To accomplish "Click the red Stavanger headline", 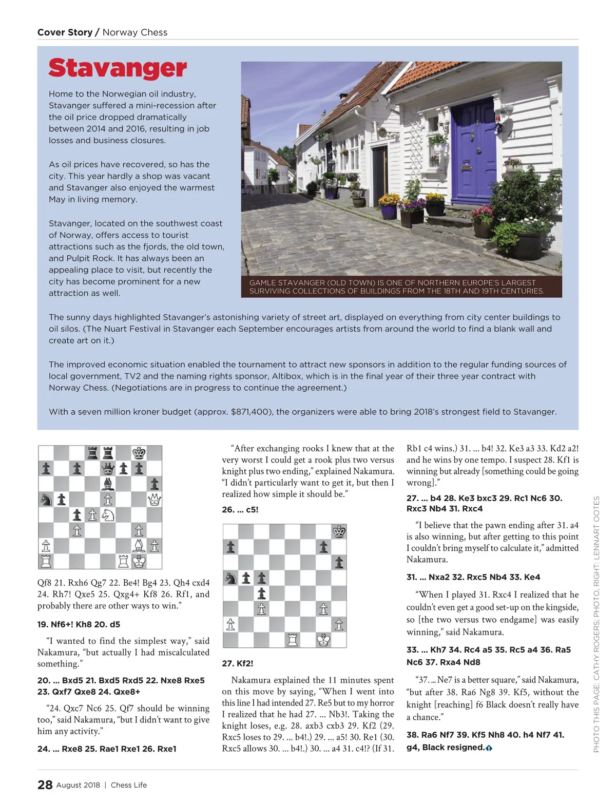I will point(118,68).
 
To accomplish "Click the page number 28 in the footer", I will point(45,785).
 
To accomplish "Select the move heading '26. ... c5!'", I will point(240,510).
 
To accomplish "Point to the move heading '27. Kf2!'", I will point(237,663).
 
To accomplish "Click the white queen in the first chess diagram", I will point(154,499).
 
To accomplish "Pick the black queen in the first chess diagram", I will point(108,468).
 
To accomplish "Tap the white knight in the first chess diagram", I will point(108,514).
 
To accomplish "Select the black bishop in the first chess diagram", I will point(108,484).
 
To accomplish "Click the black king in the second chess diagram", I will point(339,532).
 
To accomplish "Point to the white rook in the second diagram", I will point(293,640).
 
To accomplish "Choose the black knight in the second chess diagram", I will point(231,578).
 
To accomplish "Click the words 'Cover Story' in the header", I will point(65,32).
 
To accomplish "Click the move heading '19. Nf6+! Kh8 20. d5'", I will point(79,624).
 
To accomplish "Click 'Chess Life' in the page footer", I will point(129,785).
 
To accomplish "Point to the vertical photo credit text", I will point(596,624).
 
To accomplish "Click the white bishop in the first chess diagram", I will point(139,545).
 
